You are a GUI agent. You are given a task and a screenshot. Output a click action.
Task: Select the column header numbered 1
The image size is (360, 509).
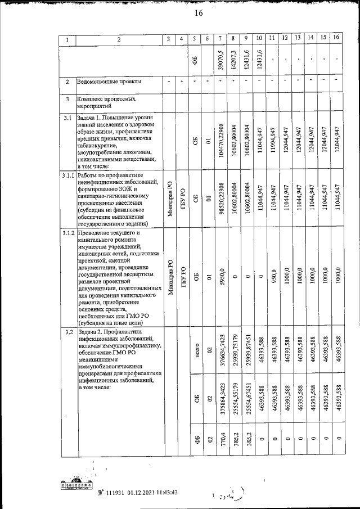tap(67, 39)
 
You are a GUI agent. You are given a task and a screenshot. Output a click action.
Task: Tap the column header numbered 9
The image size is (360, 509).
tap(246, 39)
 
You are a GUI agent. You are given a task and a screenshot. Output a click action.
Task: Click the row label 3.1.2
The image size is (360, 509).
tap(67, 233)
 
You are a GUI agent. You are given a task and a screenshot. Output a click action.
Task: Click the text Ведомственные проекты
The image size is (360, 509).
tap(109, 82)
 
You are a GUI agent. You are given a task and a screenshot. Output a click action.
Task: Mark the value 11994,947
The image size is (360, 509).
tap(272, 145)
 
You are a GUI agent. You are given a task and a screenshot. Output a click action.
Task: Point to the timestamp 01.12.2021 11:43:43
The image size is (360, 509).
tap(145, 492)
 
